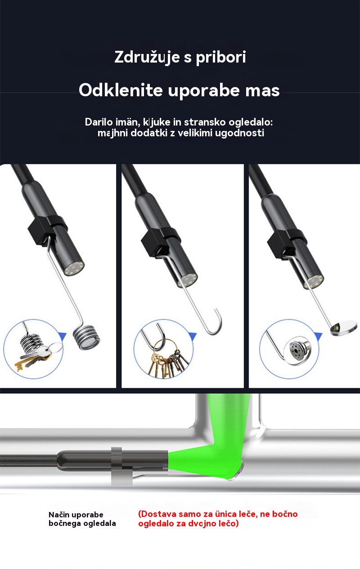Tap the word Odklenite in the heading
121,90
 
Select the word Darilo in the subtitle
99,122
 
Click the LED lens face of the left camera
74,269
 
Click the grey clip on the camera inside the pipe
121,466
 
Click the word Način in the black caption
59,515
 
